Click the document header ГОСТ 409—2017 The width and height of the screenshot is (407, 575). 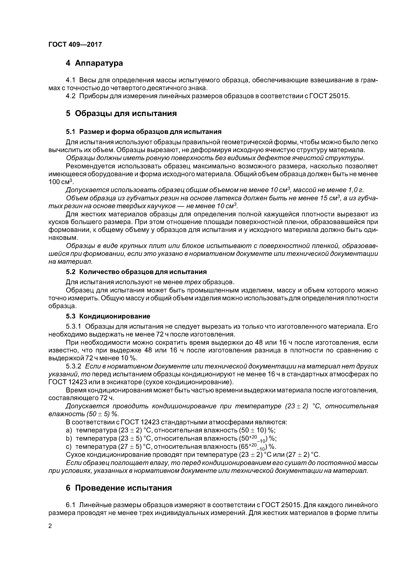tap(75, 45)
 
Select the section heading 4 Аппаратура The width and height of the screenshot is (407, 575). tap(94, 63)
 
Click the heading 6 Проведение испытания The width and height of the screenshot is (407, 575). tap(119, 488)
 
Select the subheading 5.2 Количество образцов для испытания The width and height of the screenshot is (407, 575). tap(136, 272)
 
